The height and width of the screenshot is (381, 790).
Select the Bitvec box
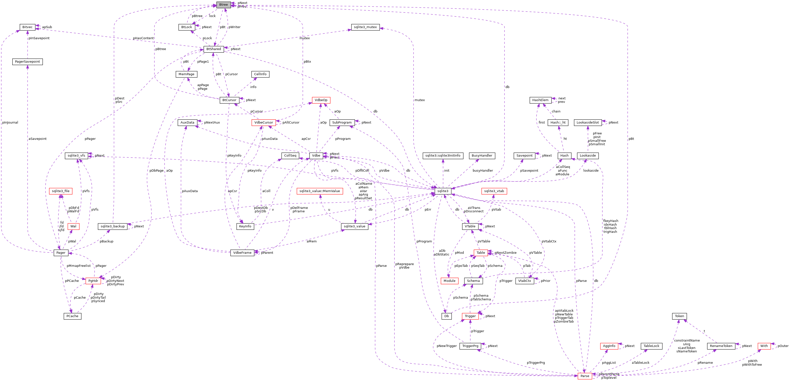(27, 27)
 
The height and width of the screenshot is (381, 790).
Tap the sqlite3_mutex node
(365, 27)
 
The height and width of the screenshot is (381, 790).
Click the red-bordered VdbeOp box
(321, 100)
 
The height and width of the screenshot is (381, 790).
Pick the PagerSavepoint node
(27, 62)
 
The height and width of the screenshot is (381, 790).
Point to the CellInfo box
(260, 74)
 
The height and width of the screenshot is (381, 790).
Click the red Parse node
(585, 376)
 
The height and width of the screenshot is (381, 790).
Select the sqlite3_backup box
(113, 226)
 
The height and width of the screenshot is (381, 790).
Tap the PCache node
(72, 316)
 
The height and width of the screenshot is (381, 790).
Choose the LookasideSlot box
(587, 123)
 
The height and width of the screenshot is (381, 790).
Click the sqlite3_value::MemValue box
(319, 191)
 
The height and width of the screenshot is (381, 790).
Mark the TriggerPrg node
(470, 346)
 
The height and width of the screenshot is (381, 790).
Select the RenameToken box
(721, 346)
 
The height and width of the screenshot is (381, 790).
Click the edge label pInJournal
(10, 123)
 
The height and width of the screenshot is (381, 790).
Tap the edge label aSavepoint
(37, 139)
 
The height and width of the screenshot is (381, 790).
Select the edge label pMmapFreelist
(79, 266)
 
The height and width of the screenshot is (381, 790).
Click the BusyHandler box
(482, 156)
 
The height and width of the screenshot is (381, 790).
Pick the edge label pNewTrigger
(447, 346)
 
